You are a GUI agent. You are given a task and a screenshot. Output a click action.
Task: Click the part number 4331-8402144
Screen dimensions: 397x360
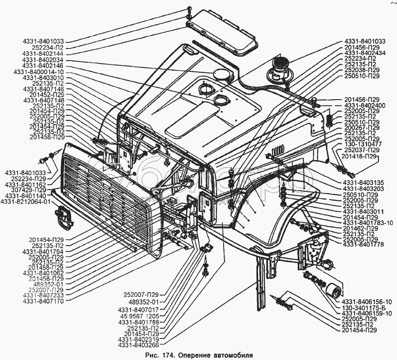43,54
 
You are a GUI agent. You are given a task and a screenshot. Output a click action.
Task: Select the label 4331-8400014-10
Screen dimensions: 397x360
39,72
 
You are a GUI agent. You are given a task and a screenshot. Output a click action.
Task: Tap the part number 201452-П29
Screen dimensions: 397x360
47,95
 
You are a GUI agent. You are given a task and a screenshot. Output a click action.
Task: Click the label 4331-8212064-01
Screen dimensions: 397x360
26,201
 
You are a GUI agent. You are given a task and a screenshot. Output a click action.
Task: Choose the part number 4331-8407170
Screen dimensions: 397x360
43,301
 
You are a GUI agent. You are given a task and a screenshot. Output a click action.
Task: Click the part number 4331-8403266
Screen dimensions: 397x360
138,345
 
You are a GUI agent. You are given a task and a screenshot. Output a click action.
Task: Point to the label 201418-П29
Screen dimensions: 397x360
359,156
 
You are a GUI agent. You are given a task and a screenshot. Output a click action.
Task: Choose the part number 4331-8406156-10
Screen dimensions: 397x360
367,302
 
